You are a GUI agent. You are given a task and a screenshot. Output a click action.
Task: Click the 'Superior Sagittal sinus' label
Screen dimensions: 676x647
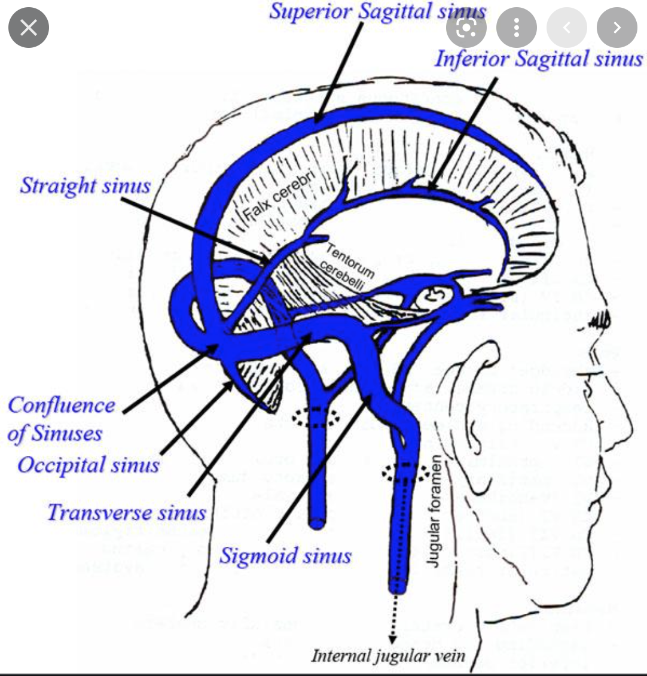377,11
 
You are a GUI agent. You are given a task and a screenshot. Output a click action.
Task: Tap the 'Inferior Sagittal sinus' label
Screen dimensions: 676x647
538,59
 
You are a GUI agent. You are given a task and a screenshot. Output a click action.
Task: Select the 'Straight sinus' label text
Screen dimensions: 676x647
86,185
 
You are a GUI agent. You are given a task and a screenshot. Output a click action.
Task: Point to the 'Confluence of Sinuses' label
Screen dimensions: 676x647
60,419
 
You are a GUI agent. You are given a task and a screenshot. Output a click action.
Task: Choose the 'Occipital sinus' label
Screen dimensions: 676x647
88,465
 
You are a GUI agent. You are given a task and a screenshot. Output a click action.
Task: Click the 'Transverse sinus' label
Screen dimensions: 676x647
127,513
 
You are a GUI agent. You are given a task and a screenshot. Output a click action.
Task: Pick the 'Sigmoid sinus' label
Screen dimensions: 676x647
285,556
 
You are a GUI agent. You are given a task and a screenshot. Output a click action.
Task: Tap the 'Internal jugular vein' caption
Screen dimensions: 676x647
387,655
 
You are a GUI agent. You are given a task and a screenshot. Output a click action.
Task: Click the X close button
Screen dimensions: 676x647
29,28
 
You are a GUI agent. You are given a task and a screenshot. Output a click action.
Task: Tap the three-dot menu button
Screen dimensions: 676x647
517,28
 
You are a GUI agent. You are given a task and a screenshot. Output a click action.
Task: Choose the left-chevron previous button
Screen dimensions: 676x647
567,28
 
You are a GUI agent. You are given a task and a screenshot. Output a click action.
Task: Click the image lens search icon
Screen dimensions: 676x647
466,28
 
